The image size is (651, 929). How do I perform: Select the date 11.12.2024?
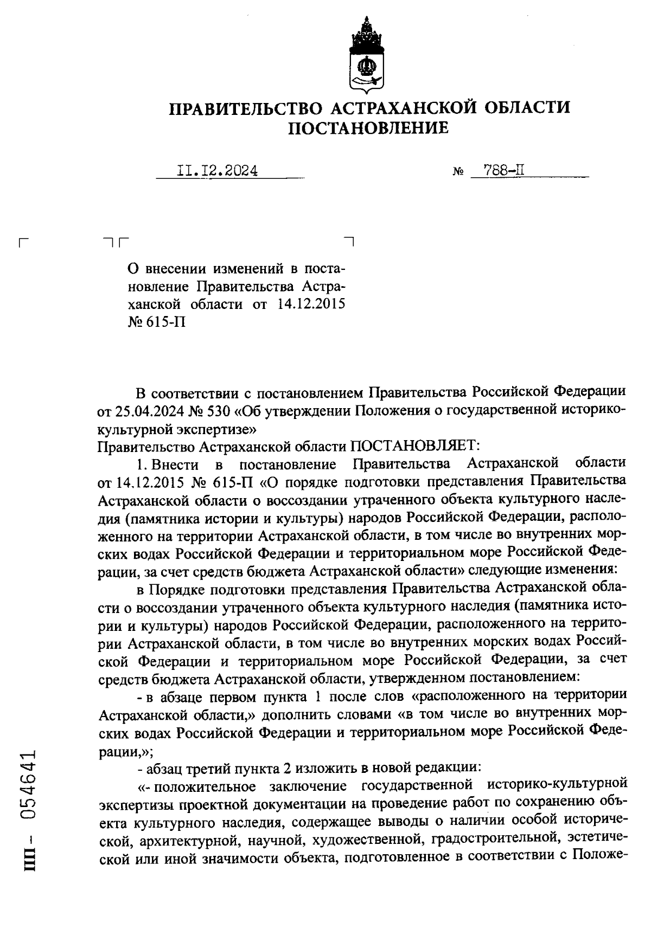tap(217, 171)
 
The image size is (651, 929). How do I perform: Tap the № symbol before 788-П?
tap(458, 173)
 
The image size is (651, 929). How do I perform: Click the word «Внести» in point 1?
tap(175, 464)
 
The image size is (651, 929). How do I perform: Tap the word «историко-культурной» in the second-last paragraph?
tap(557, 785)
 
